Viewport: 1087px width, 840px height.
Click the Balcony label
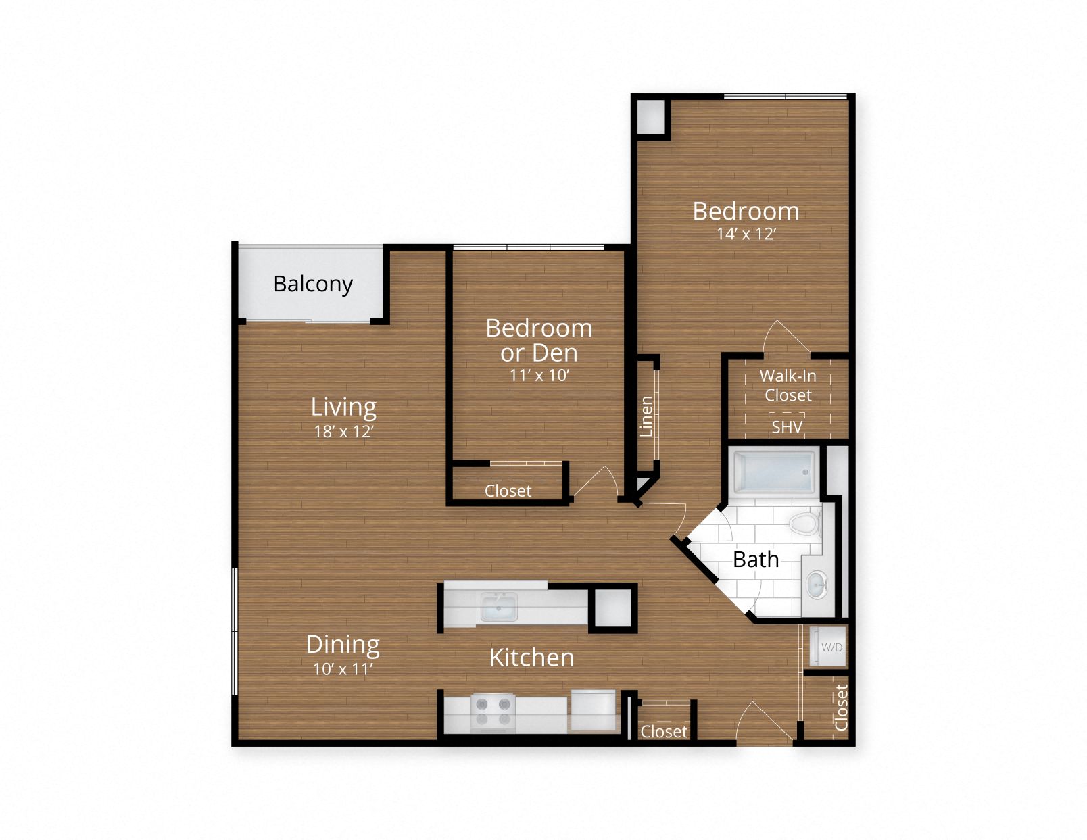coord(313,284)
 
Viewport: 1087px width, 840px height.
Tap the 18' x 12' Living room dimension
coord(343,431)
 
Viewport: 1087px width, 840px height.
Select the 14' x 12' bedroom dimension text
coord(746,234)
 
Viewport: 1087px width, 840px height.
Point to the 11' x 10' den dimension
coord(539,375)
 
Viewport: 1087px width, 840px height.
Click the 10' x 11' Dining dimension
coord(343,669)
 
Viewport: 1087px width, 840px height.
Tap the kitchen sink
coord(498,606)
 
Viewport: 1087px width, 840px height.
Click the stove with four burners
coord(493,712)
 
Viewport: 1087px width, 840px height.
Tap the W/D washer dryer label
coord(831,647)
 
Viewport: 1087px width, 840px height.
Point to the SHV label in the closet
coord(787,427)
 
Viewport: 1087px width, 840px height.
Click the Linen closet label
coord(647,416)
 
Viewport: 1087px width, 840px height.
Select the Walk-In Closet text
coord(788,385)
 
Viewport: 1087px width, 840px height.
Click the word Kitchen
coord(531,658)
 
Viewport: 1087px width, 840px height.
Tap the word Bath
coord(756,560)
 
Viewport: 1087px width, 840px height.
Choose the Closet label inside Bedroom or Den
coord(508,491)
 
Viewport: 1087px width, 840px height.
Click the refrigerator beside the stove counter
coord(593,710)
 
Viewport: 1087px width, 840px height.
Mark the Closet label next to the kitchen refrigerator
coord(663,731)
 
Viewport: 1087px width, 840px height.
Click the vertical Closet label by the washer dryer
coord(841,707)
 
